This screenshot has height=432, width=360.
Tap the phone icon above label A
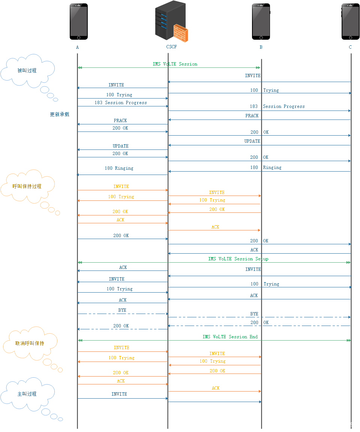point(79,22)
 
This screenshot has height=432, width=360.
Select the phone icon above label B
point(261,22)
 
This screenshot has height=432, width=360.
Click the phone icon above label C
point(351,22)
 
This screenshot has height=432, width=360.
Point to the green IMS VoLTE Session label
point(175,64)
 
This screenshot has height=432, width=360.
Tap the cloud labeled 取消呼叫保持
point(30,343)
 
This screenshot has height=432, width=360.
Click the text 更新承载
point(60,114)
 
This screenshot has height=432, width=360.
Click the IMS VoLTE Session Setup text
point(238,259)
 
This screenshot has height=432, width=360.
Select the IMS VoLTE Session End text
point(230,337)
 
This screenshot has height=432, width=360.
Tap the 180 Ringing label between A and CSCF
point(119,168)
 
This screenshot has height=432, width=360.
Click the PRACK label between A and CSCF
point(120,121)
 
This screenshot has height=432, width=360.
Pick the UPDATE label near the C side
point(252,141)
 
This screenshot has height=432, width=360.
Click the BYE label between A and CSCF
point(122,310)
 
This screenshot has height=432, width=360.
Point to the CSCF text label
point(171,47)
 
